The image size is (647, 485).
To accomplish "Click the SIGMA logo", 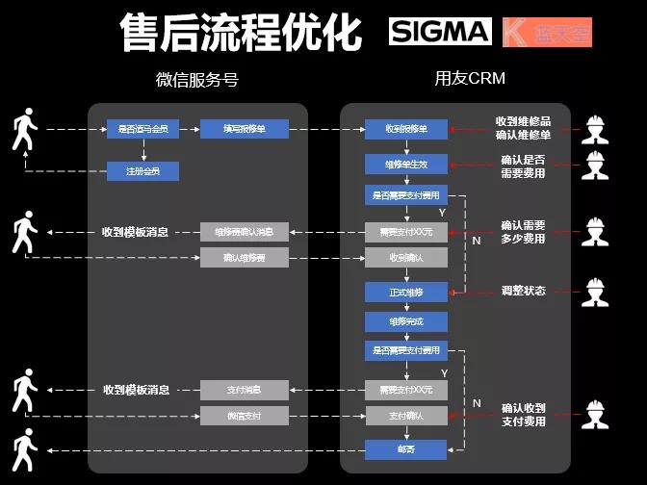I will [440, 32].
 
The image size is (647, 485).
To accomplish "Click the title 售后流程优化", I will [241, 34].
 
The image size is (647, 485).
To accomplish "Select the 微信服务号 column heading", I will [197, 80].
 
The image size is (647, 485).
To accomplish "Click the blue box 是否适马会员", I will [142, 128].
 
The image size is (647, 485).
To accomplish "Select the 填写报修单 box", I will [244, 128].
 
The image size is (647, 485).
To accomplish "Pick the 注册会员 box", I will [142, 171].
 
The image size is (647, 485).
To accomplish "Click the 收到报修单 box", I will [406, 128].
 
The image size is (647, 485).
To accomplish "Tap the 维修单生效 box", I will [406, 165].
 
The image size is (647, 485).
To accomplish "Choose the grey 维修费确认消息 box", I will [244, 231].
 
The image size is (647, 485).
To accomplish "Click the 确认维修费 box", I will [244, 257].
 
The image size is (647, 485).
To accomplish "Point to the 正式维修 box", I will [406, 292].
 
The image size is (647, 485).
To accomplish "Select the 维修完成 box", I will [406, 320].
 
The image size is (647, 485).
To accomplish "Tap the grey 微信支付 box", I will [244, 416].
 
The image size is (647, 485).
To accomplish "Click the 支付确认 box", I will [406, 416].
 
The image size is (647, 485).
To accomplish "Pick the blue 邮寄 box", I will [406, 449].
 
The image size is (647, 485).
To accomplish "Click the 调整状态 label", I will [524, 291].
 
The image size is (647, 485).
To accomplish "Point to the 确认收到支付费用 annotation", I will [524, 415].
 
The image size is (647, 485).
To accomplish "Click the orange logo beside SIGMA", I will [547, 33].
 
